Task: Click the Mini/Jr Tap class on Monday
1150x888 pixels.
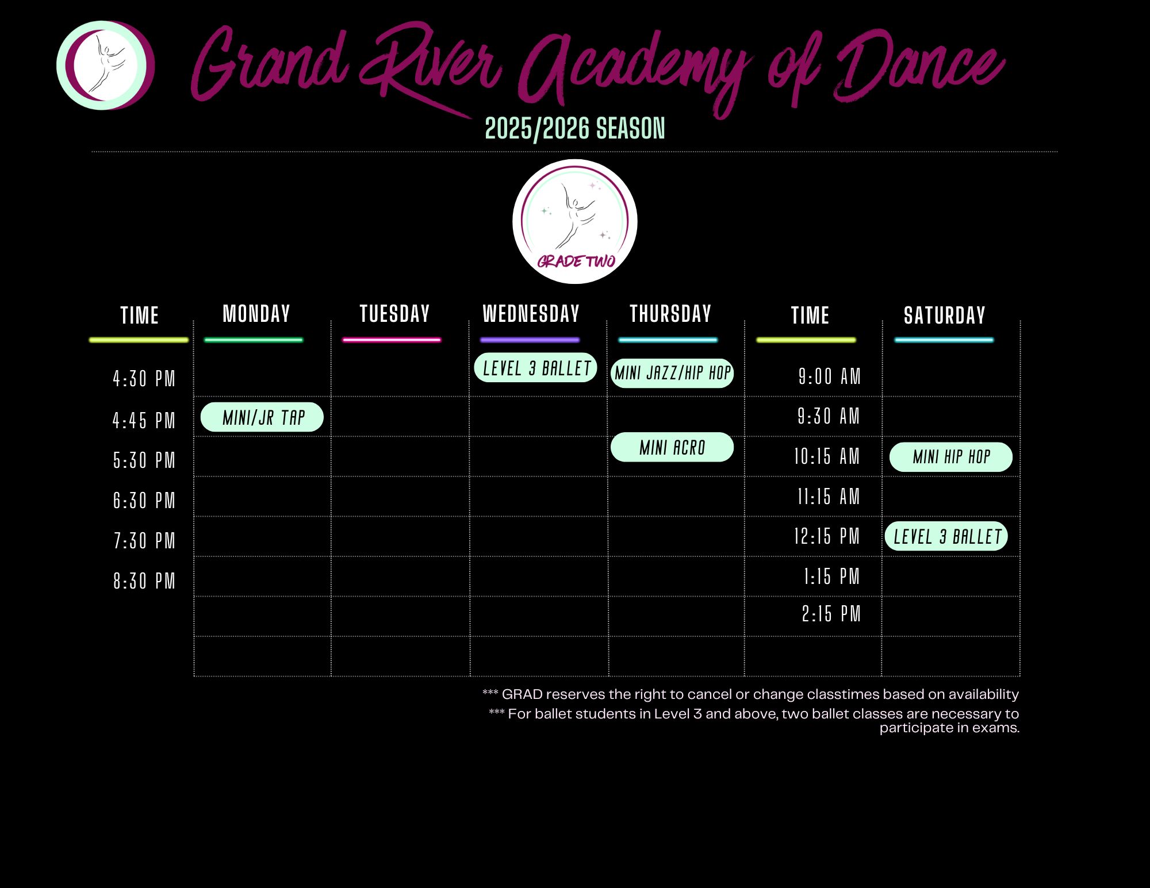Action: point(262,417)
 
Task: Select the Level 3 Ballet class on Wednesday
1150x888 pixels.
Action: point(536,368)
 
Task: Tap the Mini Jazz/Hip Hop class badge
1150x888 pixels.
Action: point(672,373)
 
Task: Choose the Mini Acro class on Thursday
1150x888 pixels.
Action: point(672,447)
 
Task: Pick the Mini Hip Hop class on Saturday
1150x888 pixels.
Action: point(951,457)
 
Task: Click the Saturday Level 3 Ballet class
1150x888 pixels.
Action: point(946,536)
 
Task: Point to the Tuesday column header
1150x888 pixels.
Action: point(394,314)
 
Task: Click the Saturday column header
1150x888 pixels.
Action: point(945,315)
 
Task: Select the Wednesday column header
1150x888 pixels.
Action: point(531,314)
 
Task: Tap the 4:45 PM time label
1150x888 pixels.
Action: point(144,421)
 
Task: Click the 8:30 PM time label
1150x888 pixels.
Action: point(144,581)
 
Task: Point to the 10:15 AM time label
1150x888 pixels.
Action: point(827,456)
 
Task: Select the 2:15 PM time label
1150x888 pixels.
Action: point(831,614)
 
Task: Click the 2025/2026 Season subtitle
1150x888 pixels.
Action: point(575,128)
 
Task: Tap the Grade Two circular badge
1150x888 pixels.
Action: point(575,221)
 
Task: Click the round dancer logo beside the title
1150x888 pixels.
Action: point(105,66)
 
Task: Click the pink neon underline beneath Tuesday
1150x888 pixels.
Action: point(392,340)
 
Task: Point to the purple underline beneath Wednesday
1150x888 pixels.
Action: point(530,340)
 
